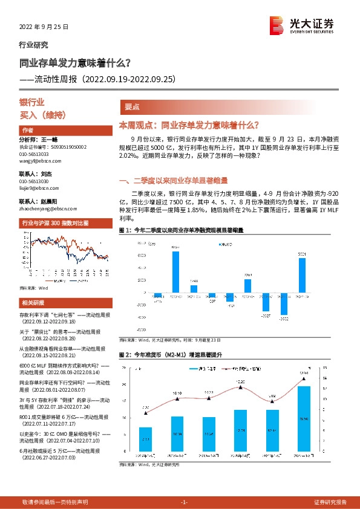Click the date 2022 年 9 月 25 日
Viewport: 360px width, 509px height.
click(x=44, y=27)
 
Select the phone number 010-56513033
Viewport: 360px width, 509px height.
click(x=34, y=154)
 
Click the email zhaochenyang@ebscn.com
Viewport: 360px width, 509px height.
click(x=45, y=209)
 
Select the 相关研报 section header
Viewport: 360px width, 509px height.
click(x=31, y=303)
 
